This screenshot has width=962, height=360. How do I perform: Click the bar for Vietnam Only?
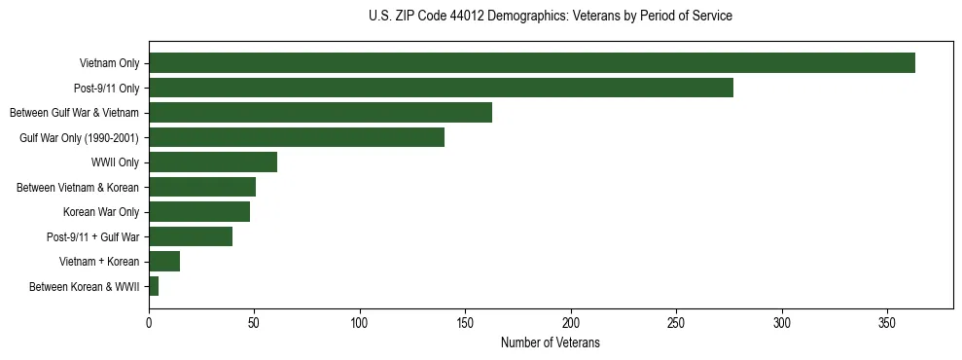[532, 63]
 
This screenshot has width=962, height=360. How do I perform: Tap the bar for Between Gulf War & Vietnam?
[320, 113]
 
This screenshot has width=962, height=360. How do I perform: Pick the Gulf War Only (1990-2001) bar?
[297, 137]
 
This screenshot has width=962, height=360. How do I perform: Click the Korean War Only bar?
[199, 211]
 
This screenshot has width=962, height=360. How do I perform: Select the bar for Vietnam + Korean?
[164, 261]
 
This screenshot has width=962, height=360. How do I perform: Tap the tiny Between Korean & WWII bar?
[154, 286]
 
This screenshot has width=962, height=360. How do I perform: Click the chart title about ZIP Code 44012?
[551, 17]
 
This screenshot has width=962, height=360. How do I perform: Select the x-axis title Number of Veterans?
[551, 343]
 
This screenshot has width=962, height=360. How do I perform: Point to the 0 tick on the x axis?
[149, 323]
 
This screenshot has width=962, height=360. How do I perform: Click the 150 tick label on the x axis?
[466, 323]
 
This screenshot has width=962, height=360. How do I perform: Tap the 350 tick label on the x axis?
[888, 323]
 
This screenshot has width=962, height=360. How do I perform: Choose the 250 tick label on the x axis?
[677, 323]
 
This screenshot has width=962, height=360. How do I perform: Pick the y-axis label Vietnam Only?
[109, 63]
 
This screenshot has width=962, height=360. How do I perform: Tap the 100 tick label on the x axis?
[360, 323]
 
